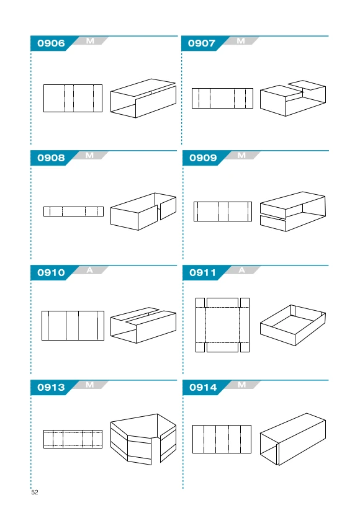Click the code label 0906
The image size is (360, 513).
click(x=51, y=43)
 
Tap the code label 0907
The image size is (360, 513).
click(x=202, y=43)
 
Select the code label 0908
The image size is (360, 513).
click(x=51, y=158)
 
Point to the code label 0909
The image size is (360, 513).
click(x=203, y=158)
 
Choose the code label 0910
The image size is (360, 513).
click(x=51, y=272)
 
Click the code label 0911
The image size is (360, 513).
click(x=202, y=272)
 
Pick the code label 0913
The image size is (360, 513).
click(x=51, y=387)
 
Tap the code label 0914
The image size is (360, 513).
click(x=203, y=387)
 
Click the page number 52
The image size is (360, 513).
click(x=35, y=492)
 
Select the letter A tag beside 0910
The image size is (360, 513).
click(x=90, y=270)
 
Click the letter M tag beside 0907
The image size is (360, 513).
click(x=241, y=41)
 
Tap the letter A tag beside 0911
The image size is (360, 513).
click(x=242, y=270)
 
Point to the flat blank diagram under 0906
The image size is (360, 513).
click(x=73, y=98)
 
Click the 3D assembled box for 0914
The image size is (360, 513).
click(x=293, y=439)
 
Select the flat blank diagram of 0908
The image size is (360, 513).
click(x=74, y=212)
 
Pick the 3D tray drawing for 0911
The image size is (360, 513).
click(x=293, y=325)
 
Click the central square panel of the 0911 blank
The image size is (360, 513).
click(x=223, y=325)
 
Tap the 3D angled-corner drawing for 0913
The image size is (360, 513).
click(x=143, y=439)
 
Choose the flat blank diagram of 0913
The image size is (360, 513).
click(x=73, y=439)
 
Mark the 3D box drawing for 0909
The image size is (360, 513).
click(x=293, y=212)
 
